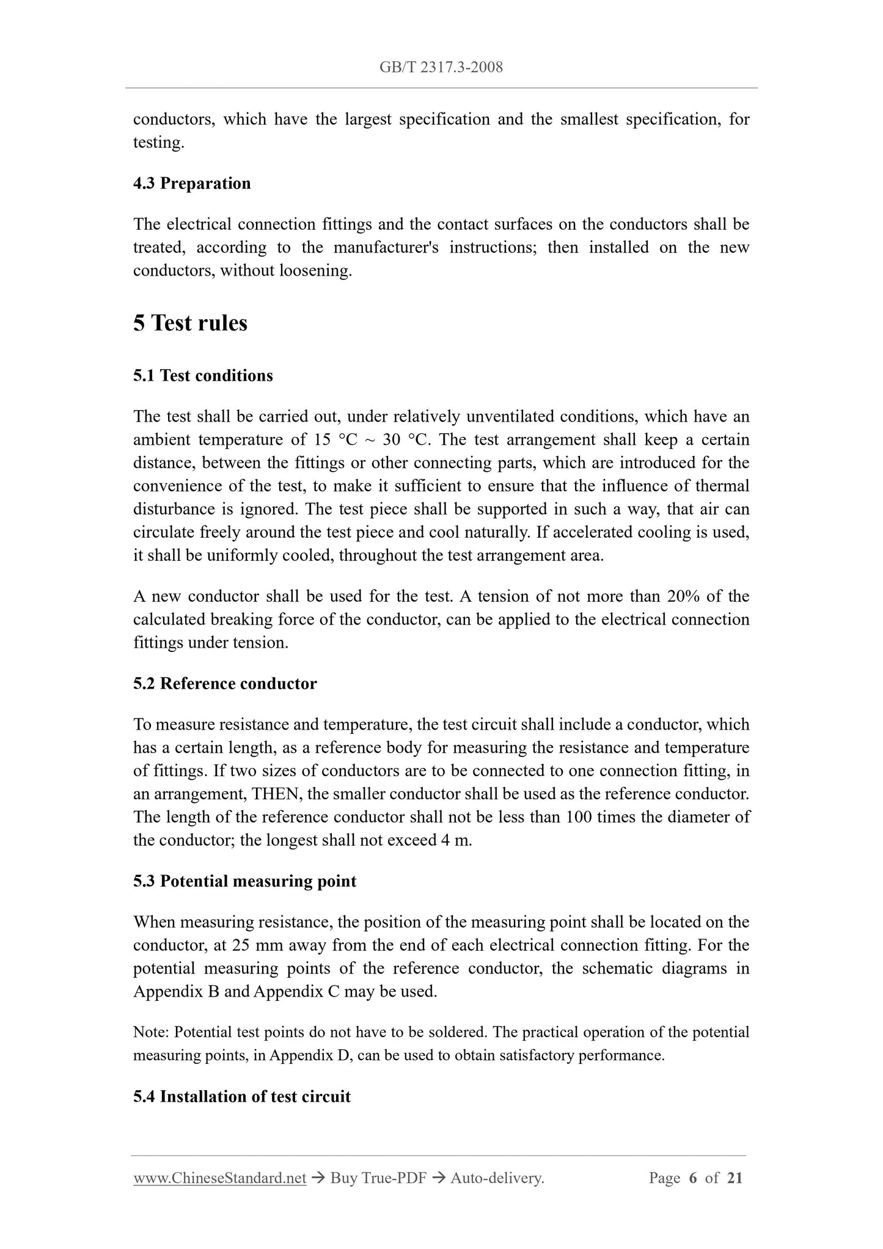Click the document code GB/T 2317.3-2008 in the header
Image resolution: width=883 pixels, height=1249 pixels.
(x=441, y=67)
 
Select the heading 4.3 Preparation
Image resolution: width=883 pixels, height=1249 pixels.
(x=192, y=183)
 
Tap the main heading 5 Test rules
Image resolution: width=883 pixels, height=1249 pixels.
(x=190, y=323)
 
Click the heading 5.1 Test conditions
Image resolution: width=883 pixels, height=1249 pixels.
(x=203, y=375)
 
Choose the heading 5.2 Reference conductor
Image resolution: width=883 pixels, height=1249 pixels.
(x=225, y=683)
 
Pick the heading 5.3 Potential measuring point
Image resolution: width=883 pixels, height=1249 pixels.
(x=244, y=881)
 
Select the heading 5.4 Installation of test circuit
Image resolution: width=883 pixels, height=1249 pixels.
(x=242, y=1096)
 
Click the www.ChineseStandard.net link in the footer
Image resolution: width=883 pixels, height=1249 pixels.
(x=219, y=1178)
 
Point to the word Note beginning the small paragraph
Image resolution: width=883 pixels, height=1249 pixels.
(x=150, y=1032)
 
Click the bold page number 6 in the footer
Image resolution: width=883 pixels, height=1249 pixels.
(x=692, y=1178)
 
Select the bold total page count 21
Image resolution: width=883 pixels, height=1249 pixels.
(x=735, y=1178)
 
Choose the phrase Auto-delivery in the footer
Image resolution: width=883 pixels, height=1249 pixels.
(x=496, y=1178)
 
